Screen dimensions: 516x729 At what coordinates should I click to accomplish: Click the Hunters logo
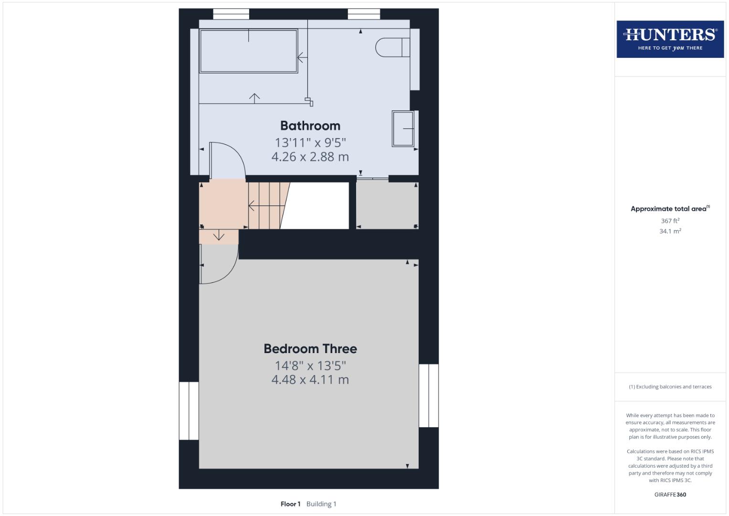point(670,39)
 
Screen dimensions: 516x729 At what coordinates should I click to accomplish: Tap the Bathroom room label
point(310,126)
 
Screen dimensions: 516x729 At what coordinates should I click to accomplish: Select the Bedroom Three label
point(310,349)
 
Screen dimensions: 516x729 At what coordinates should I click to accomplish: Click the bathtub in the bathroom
point(248,52)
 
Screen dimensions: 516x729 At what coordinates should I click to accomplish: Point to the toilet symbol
point(392,47)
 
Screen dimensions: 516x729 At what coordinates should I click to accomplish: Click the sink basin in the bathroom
point(403,129)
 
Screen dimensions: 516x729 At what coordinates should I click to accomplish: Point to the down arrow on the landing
point(219,236)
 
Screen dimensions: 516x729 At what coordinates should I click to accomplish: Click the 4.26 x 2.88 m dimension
point(310,157)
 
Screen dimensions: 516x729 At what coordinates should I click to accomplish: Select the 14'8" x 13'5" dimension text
point(310,365)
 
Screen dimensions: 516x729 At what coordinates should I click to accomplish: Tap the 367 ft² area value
point(670,221)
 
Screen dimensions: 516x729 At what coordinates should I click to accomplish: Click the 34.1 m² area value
point(670,231)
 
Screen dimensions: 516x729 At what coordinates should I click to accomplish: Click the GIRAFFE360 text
point(670,494)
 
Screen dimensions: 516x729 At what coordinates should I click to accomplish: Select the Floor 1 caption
point(290,504)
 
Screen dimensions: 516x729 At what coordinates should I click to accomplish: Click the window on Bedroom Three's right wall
point(428,396)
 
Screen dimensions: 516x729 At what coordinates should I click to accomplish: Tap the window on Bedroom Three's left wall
point(189,410)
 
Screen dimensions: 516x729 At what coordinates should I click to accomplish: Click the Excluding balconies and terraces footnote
point(670,387)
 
